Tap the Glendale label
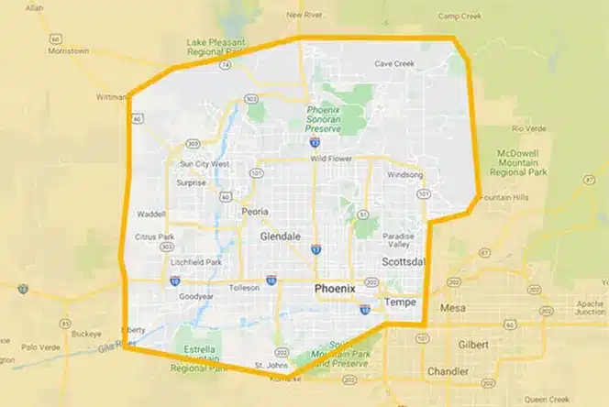281,236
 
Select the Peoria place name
254,211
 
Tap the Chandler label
448,371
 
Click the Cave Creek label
395,63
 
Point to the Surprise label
192,181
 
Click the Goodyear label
195,298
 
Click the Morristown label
69,51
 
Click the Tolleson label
243,287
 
